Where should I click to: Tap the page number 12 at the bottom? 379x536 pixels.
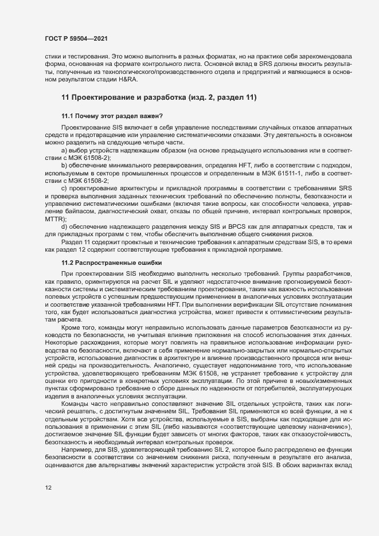(48, 504)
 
